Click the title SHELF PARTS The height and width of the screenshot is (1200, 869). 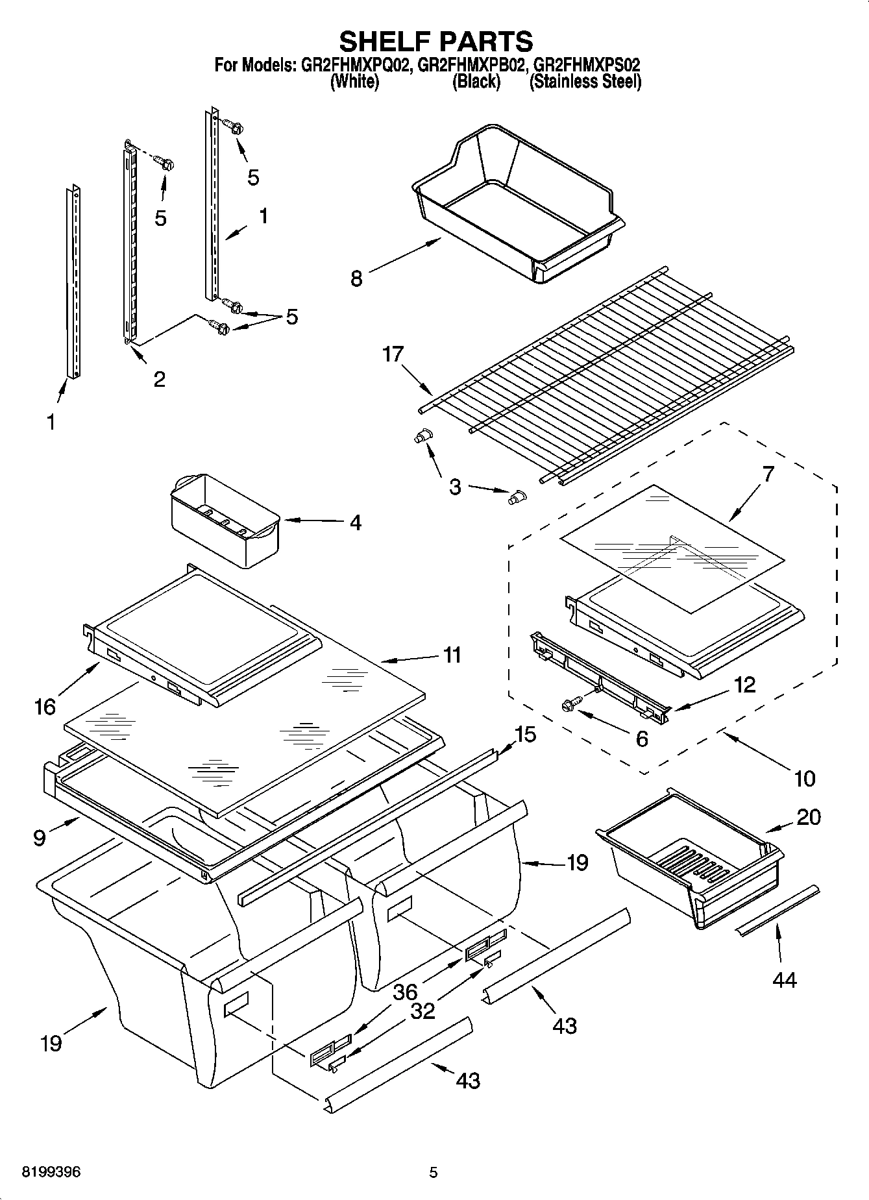coord(435,41)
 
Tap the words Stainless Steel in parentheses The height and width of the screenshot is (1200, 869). coord(585,82)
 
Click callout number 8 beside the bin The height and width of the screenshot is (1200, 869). coord(356,278)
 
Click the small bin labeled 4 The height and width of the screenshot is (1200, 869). coord(224,519)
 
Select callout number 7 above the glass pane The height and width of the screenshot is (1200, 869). coord(768,474)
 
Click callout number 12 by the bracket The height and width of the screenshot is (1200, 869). coord(745,684)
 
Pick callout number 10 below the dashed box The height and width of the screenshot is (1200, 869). coord(805,778)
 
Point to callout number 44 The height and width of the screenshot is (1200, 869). coord(784,979)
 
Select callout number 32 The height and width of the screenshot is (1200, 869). coord(423,1010)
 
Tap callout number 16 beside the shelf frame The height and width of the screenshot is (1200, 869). coord(45,706)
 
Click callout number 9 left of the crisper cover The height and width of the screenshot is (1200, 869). coord(40,838)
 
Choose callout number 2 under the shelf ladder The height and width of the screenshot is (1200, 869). coord(159,379)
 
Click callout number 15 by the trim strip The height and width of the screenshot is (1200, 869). coord(526,735)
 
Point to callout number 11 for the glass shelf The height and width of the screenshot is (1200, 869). coord(452,655)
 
